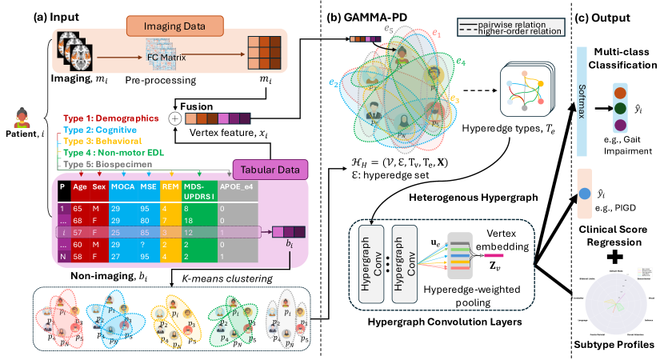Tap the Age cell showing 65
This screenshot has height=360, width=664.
tap(79, 206)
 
